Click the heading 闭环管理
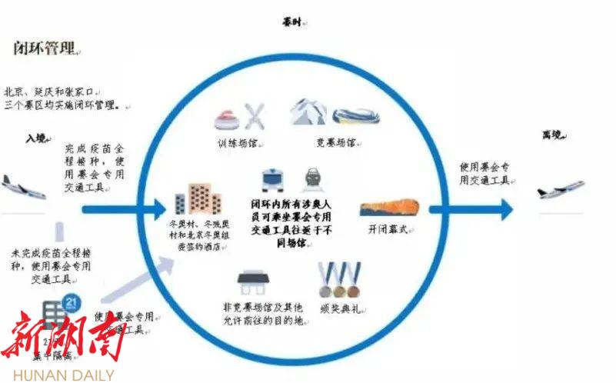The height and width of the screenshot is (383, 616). (45, 48)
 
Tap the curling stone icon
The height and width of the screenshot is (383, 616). (227, 117)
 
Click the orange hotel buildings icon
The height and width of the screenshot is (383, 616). (198, 198)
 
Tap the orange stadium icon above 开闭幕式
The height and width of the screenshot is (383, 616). (388, 208)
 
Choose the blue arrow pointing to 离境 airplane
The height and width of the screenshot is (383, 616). (469, 208)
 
